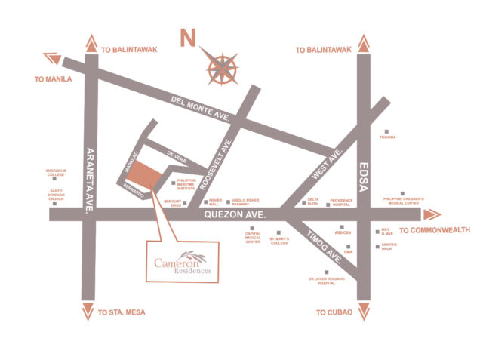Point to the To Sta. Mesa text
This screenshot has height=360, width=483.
(121, 312)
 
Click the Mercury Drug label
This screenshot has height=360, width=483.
(174, 203)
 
